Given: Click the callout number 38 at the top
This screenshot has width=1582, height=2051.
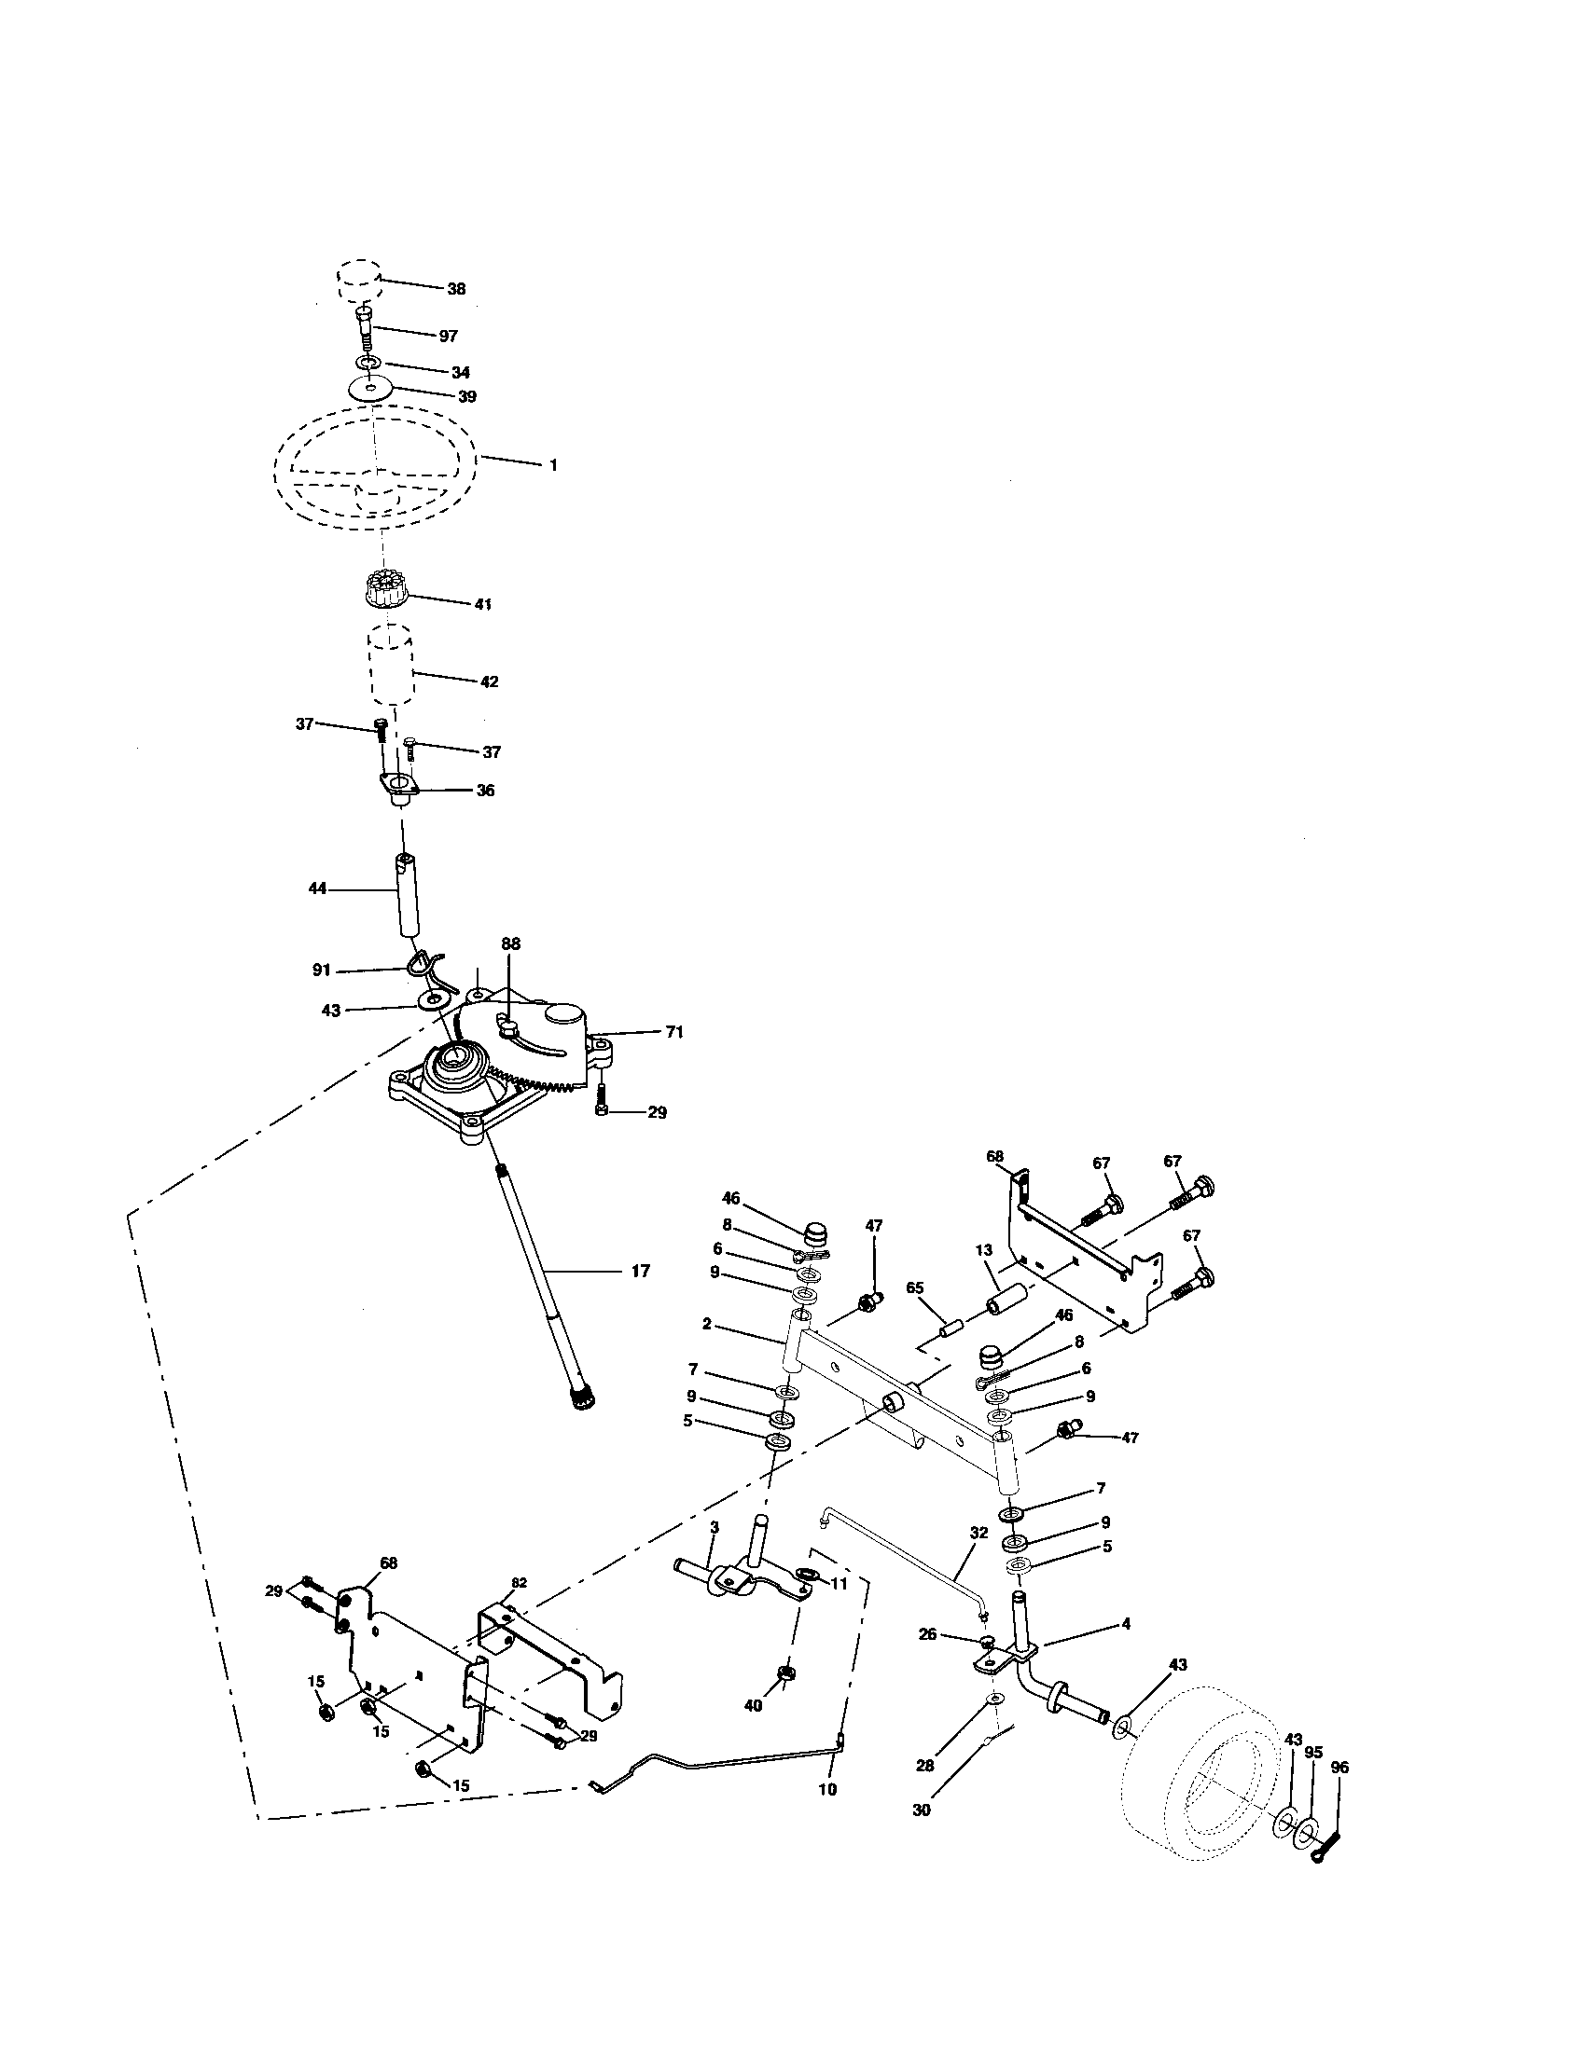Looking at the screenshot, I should (455, 289).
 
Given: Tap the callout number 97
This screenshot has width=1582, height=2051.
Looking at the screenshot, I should (448, 337).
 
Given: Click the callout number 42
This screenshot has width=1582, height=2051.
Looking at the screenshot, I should (489, 681).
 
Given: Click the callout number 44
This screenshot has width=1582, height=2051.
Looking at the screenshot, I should (317, 888).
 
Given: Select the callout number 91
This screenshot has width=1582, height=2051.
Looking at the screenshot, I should (321, 970).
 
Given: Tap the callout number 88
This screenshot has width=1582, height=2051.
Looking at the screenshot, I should (510, 943).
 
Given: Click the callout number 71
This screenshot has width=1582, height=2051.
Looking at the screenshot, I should (673, 1032).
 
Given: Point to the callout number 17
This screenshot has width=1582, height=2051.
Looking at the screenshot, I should (640, 1272).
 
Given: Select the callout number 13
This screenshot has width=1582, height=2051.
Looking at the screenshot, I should (983, 1250).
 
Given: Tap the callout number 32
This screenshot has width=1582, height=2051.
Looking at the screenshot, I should (978, 1532).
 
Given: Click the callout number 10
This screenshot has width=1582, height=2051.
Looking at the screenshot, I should (826, 1790).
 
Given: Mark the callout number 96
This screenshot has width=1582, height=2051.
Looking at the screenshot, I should (1339, 1768).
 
